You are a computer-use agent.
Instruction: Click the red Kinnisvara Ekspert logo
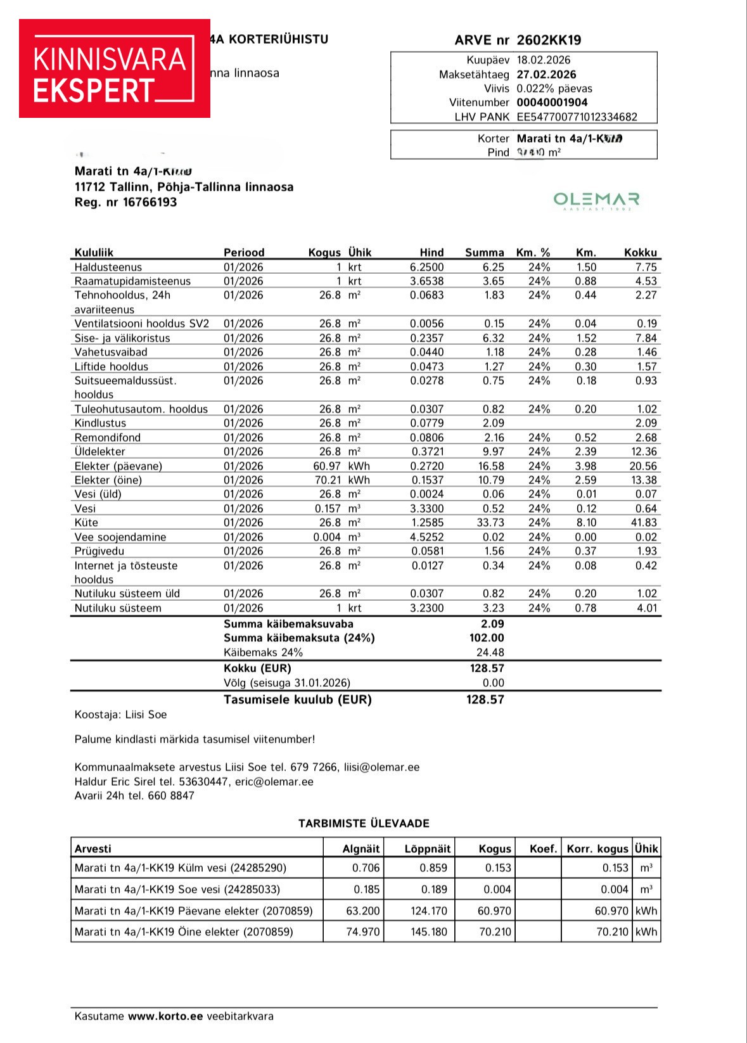(x=114, y=68)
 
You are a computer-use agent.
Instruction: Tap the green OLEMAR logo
(x=596, y=201)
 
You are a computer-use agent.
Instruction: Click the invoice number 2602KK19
(x=549, y=40)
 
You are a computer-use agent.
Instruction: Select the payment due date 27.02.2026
(x=546, y=74)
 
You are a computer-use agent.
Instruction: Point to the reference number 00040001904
(x=552, y=102)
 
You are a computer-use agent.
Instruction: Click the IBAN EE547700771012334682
(x=577, y=117)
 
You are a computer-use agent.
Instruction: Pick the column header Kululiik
(x=94, y=252)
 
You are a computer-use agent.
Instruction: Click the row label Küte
(x=86, y=523)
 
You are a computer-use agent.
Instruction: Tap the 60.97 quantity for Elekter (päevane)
(x=328, y=466)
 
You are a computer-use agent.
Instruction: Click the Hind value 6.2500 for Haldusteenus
(x=426, y=267)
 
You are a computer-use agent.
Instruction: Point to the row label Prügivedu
(x=99, y=551)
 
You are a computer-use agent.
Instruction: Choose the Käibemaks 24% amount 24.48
(x=490, y=652)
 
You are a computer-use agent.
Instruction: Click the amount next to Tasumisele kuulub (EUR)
(x=485, y=700)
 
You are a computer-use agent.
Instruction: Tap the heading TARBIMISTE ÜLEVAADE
(x=364, y=823)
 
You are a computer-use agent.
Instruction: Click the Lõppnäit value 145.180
(x=428, y=932)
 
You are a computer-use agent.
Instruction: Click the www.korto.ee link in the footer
(x=165, y=1016)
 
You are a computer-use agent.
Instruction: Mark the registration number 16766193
(x=150, y=202)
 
